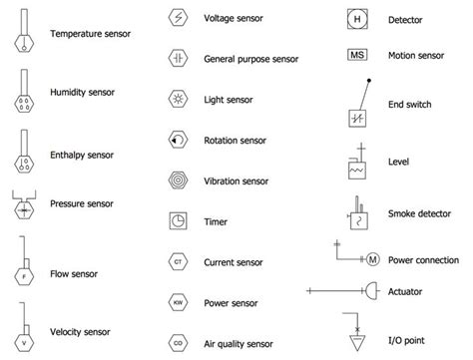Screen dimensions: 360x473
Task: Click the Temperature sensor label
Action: click(92, 34)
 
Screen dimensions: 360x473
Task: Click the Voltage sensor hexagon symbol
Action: click(177, 19)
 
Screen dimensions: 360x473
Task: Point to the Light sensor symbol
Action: click(177, 100)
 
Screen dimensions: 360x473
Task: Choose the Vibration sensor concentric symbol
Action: click(177, 181)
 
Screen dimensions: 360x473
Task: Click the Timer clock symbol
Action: click(177, 221)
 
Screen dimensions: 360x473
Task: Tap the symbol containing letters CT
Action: click(177, 262)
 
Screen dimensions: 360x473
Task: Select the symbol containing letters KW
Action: click(177, 301)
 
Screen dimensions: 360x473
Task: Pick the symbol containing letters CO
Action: click(177, 340)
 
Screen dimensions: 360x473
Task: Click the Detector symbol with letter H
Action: click(357, 19)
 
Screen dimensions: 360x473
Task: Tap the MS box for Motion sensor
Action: click(357, 56)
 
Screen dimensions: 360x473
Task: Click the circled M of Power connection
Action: click(372, 260)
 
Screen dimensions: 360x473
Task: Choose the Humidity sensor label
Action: click(82, 92)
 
